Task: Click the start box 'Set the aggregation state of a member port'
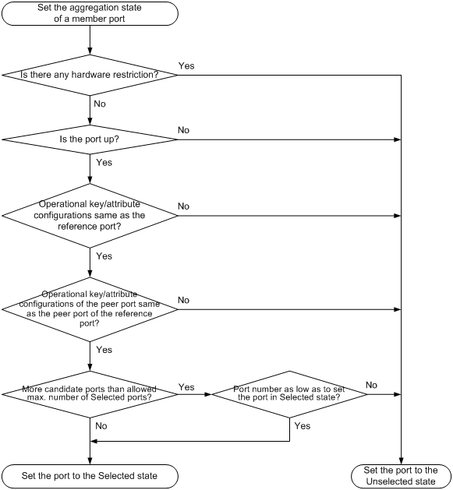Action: (90, 13)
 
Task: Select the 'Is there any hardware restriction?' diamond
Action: (90, 75)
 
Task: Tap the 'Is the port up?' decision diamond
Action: (90, 139)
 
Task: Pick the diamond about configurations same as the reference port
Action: (90, 216)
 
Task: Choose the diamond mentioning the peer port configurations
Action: (90, 309)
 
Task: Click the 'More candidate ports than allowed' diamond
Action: (90, 394)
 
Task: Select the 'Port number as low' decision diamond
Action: (289, 394)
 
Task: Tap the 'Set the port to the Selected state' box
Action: (90, 476)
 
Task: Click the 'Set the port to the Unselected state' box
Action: (401, 476)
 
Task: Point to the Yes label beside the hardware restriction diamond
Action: (186, 66)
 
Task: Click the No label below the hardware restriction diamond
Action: (100, 104)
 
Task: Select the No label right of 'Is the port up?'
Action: (184, 130)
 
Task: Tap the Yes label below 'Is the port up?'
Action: (104, 163)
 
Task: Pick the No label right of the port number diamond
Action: (371, 385)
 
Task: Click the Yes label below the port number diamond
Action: (303, 426)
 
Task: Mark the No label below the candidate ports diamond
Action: (101, 426)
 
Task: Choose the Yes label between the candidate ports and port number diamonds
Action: (186, 387)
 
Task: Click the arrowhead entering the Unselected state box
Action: (401, 461)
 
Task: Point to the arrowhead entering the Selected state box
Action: (90, 461)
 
